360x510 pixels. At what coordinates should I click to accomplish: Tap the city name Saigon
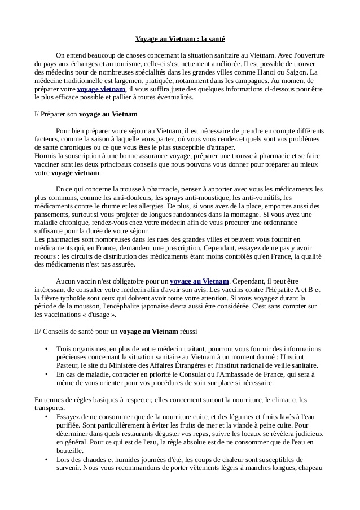(297, 73)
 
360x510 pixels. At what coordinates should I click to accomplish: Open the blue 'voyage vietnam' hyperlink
(101, 89)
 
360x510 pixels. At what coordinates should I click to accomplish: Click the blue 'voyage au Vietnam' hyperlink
(199, 281)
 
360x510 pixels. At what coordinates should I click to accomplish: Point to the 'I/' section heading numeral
(37, 114)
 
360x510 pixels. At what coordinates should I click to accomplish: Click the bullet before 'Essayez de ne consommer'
(45, 417)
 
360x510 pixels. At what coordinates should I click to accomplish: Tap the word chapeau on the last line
(310, 468)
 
